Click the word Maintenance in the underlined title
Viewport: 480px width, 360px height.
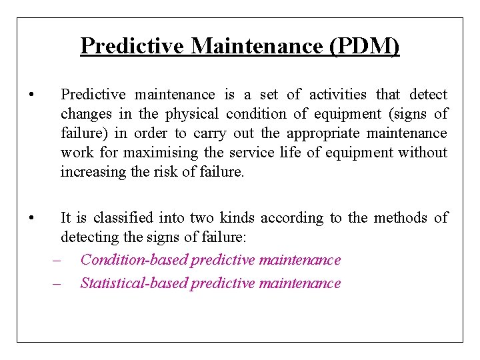click(259, 46)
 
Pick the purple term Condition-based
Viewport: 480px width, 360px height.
click(133, 260)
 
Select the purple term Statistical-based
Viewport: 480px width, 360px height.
click(133, 283)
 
